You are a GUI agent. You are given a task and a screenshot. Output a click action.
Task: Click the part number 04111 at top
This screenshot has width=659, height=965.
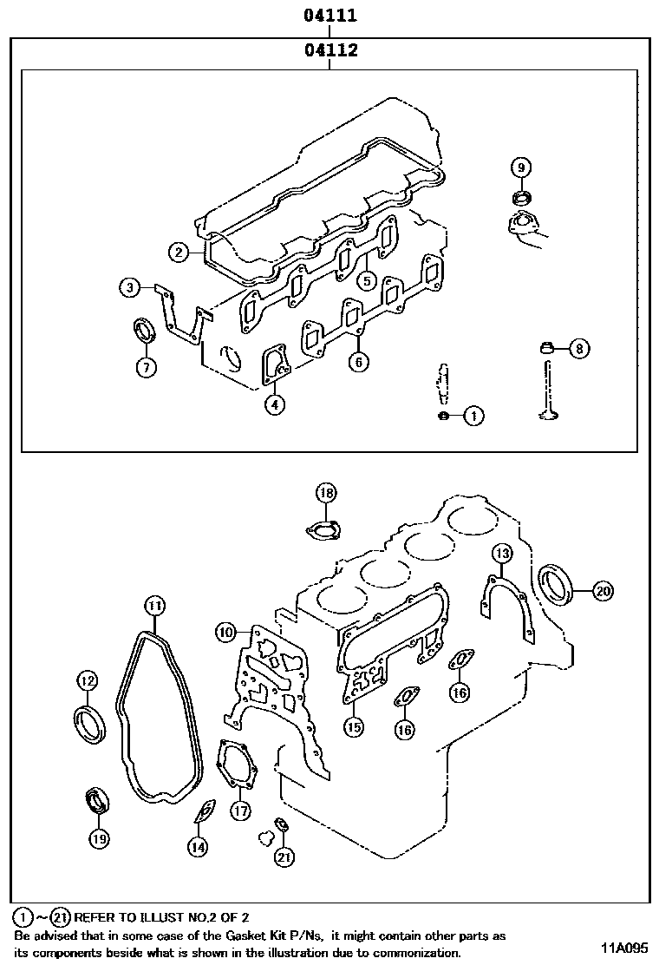click(330, 15)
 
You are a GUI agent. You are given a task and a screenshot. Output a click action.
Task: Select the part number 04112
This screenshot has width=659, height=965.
click(330, 50)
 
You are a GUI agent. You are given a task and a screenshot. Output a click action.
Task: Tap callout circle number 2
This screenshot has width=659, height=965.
click(179, 253)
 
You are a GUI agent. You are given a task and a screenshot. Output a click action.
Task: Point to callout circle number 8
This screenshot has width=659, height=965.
click(579, 349)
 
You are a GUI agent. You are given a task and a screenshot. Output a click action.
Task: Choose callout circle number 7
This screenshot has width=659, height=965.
click(146, 367)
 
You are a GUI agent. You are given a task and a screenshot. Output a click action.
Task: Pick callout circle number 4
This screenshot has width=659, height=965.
click(273, 404)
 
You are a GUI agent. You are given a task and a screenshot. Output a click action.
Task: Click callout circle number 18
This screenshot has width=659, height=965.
click(324, 493)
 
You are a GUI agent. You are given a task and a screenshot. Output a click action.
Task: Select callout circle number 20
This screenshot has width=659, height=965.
click(603, 591)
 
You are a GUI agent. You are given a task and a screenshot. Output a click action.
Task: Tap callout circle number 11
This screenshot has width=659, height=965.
click(153, 604)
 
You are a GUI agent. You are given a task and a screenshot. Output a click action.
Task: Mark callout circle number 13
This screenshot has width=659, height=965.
click(503, 553)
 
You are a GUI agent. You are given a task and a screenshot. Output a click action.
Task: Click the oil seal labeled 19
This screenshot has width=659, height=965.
click(96, 801)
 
